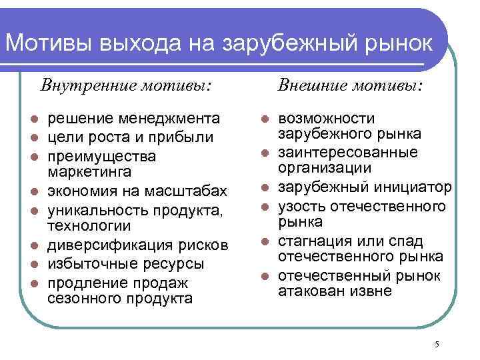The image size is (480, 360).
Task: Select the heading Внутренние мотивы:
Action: pyautogui.click(x=127, y=86)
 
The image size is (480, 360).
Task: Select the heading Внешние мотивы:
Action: pyautogui.click(x=350, y=86)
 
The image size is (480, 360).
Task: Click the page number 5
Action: pyautogui.click(x=436, y=344)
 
